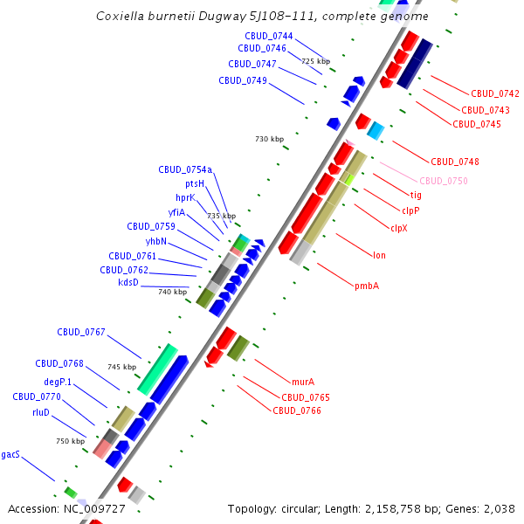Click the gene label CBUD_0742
495,93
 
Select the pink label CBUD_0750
444,181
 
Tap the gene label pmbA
367,286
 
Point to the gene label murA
303,383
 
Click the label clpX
399,228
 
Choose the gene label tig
416,195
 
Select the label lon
379,255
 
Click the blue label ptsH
195,184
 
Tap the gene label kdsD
128,282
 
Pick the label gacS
10,454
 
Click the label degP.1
58,382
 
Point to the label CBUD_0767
81,332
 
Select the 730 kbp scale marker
270,139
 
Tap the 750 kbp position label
70,441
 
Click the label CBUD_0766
297,410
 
